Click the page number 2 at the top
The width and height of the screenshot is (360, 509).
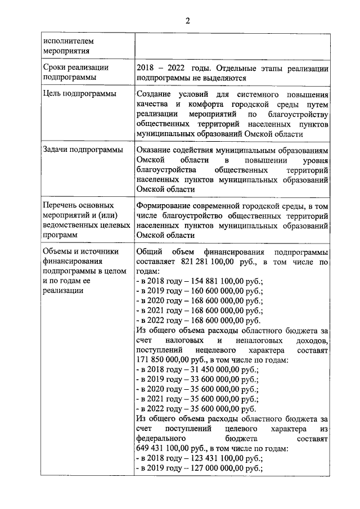point(188,21)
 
